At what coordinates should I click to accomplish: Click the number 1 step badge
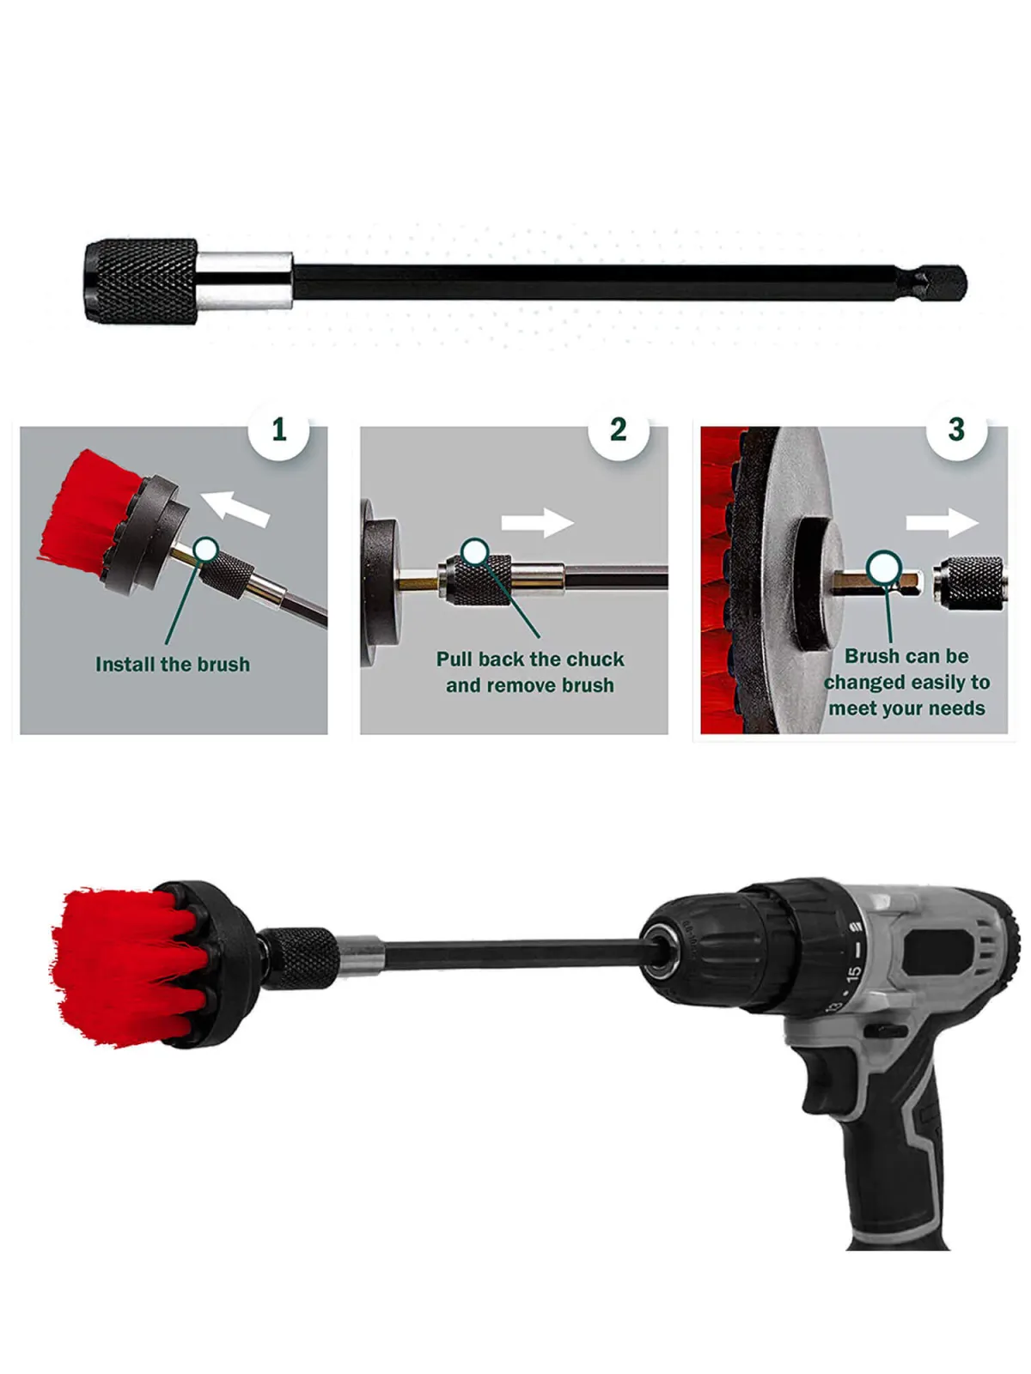tap(278, 429)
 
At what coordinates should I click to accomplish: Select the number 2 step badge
tap(619, 429)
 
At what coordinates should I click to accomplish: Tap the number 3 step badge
tap(956, 429)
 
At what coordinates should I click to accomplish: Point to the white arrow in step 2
tap(538, 523)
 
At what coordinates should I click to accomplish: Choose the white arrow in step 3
tap(943, 523)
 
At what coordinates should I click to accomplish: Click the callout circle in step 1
tap(205, 550)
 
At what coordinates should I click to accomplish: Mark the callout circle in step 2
tap(475, 551)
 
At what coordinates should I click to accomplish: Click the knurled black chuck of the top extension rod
tap(141, 281)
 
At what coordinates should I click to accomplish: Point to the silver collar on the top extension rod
tap(245, 281)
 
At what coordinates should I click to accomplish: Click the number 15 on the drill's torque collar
tap(854, 973)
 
